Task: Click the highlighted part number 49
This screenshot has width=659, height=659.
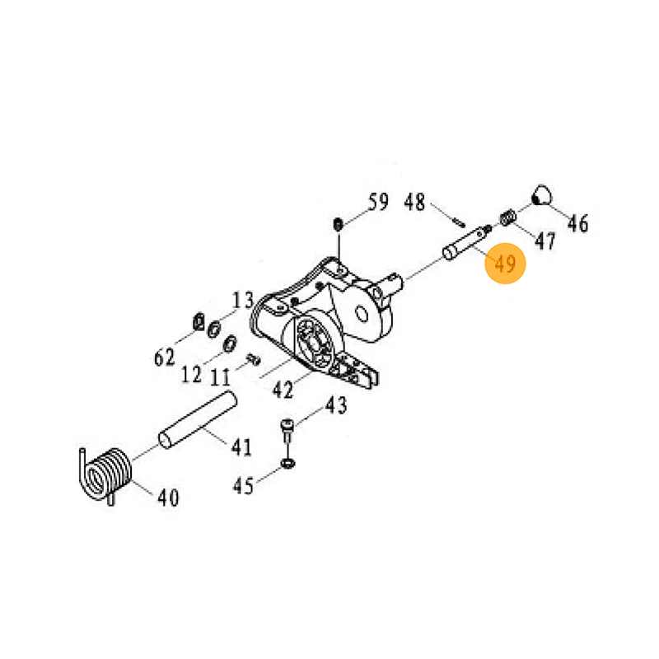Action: coord(505,264)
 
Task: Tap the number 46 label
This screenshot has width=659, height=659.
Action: coord(578,223)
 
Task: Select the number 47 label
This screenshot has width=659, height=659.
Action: coord(545,241)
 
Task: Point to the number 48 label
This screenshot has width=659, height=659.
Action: coord(414,202)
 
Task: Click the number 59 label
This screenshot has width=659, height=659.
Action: coord(378,201)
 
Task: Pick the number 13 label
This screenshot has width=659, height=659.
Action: coord(243,300)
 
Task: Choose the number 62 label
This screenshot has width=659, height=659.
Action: coord(164,358)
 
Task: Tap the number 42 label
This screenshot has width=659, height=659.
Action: coord(283,389)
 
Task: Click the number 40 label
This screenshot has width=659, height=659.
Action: coord(168,498)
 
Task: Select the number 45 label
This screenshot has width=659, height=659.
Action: coord(243,486)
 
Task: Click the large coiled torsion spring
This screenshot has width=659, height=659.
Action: coord(105,476)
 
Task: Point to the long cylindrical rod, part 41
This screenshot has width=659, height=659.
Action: coord(198,419)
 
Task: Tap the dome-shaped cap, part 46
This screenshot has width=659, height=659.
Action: coord(542,194)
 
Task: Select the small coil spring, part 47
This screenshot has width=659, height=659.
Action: coord(507,218)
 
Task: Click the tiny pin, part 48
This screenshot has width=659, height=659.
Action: coord(459,222)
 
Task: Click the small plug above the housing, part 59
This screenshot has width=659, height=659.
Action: coord(338,224)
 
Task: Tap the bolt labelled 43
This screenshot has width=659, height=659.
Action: coord(287,430)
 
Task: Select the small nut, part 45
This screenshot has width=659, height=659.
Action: coord(287,464)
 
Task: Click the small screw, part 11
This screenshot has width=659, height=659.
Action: coord(254,359)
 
